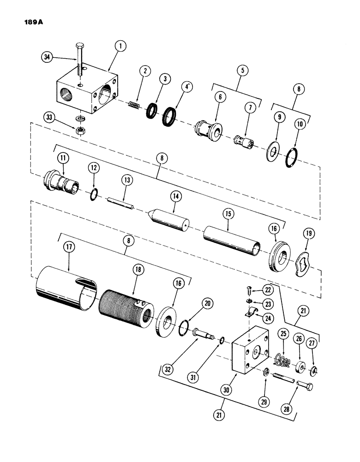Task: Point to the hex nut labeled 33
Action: pos(79,131)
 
